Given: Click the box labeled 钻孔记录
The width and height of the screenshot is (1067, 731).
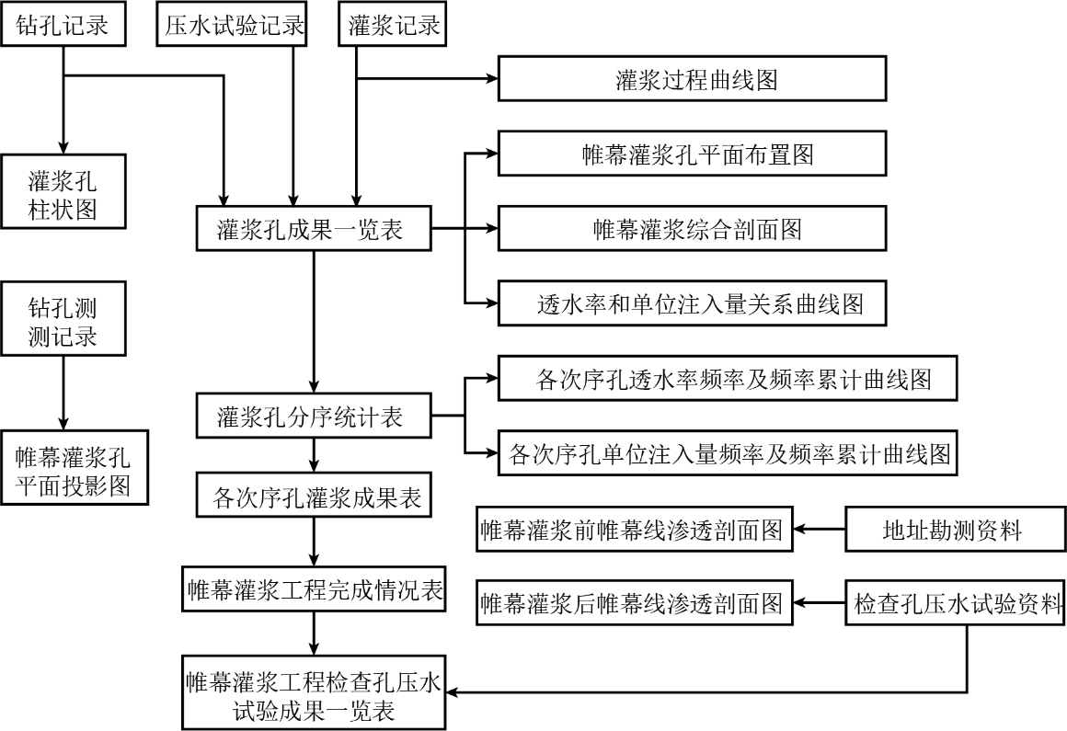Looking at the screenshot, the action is [63, 25].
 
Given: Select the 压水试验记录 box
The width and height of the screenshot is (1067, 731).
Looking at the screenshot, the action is [232, 25].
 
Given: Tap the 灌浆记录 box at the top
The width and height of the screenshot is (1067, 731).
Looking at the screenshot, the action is [393, 25].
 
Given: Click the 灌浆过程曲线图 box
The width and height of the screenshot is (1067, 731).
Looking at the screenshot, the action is [692, 79].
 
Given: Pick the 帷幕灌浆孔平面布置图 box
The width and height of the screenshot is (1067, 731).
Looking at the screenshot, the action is [692, 154].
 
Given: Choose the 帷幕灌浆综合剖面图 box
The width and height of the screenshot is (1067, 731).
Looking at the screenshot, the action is [692, 228].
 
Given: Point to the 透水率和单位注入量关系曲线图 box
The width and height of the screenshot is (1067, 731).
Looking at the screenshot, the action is [692, 303].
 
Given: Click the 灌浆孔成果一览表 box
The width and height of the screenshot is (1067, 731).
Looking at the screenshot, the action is [314, 228].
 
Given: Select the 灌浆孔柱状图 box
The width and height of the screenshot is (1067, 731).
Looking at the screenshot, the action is [63, 191].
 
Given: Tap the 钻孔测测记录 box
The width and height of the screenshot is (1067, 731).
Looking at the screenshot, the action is [63, 318].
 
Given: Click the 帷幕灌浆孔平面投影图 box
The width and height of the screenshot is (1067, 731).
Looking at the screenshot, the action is [75, 467].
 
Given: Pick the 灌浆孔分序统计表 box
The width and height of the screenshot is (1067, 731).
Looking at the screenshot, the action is [314, 416].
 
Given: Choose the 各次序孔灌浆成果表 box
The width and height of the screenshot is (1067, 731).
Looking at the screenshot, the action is [314, 495].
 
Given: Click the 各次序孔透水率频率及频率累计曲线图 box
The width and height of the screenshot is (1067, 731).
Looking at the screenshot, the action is [728, 378].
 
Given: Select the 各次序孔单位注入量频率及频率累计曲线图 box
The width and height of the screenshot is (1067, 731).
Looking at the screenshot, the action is [728, 453].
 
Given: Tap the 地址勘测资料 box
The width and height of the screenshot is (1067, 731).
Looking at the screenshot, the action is [956, 529].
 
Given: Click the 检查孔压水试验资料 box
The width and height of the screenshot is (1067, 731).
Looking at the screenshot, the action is [956, 602].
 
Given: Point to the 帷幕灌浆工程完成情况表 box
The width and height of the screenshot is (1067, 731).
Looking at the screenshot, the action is [314, 588].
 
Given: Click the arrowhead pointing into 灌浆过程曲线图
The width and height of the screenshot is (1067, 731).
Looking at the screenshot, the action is [492, 79].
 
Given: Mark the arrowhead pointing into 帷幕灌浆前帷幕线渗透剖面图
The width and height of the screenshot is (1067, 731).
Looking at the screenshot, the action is [800, 529].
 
